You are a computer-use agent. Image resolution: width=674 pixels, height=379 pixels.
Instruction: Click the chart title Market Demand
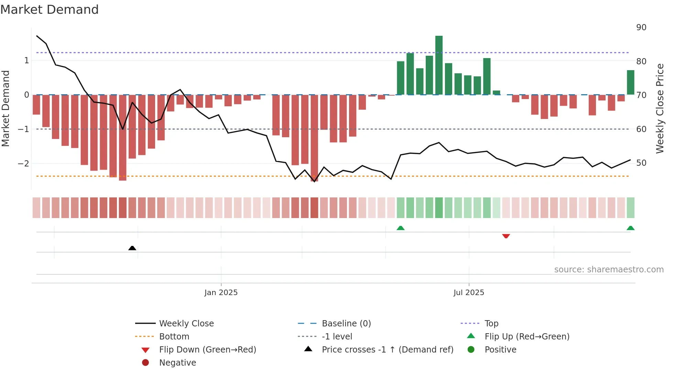(50, 10)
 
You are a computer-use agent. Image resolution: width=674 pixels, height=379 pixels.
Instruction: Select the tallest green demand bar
(439, 65)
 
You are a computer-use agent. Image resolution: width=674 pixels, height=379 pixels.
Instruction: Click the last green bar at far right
(630, 83)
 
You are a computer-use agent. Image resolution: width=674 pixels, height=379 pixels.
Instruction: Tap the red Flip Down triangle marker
(506, 236)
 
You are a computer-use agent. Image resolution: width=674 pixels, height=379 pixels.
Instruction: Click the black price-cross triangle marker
(132, 248)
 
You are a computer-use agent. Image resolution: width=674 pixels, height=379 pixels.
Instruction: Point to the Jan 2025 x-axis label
(221, 293)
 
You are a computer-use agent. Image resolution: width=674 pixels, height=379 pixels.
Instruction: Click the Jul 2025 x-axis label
(469, 293)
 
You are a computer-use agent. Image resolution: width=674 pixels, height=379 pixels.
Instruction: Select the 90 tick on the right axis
(641, 28)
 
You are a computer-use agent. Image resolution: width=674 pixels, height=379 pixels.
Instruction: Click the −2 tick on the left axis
(24, 163)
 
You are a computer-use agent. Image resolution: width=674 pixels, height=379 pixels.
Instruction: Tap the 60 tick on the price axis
(641, 129)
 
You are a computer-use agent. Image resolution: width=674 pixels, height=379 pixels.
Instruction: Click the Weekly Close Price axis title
(660, 108)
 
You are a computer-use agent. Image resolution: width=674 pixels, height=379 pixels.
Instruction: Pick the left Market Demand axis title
(6, 108)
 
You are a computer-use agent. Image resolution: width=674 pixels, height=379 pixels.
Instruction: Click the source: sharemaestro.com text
(609, 270)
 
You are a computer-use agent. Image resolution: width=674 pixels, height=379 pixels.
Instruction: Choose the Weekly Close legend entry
(186, 324)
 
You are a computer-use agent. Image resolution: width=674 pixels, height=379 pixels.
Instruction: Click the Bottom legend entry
(174, 337)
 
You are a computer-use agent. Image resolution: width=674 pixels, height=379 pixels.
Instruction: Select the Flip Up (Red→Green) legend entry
(527, 337)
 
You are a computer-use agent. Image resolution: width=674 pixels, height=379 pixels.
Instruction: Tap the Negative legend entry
(177, 363)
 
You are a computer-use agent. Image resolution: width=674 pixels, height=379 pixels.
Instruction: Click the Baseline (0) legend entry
(346, 324)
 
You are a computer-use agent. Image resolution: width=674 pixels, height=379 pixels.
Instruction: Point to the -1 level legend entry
(337, 337)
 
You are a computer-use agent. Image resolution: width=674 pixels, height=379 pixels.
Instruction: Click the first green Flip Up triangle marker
(401, 228)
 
